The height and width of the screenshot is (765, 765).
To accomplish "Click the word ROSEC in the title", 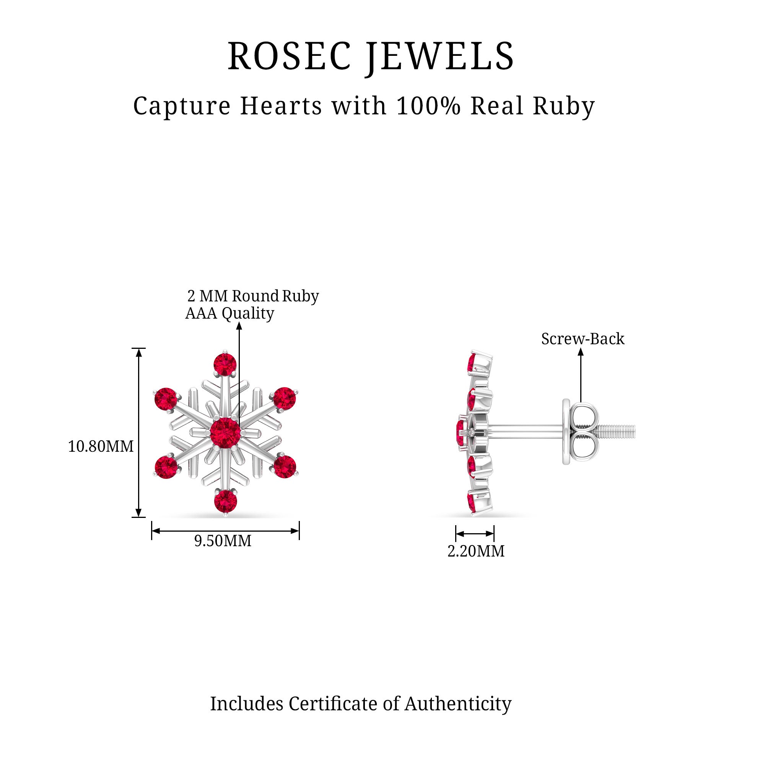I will [x=290, y=56].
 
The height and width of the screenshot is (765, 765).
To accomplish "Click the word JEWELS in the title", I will [x=439, y=56].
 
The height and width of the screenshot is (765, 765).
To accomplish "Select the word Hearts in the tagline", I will [x=281, y=106].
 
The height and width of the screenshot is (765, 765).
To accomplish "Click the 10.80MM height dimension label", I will [x=101, y=447].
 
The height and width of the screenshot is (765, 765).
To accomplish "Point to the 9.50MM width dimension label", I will [x=223, y=541].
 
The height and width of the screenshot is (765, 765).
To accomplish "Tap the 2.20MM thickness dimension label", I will [x=475, y=551].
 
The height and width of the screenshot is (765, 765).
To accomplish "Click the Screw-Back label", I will [x=583, y=339].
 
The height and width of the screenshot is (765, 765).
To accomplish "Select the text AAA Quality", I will [x=229, y=313].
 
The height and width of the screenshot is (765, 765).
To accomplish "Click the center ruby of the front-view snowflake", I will [x=225, y=433].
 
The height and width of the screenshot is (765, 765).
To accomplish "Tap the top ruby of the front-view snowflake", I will [x=225, y=364].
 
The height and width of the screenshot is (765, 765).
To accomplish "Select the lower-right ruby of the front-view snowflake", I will [x=285, y=467].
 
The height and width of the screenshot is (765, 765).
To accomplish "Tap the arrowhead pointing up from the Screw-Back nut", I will [x=581, y=352].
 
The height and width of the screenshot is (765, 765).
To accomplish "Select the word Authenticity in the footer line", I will [x=458, y=704].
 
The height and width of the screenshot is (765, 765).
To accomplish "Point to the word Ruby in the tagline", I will [x=564, y=106].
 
